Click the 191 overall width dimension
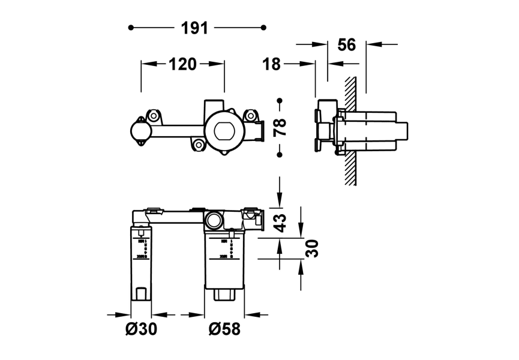click(194, 28)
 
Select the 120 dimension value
click(182, 64)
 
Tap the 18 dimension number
click(272, 64)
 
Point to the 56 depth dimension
click(347, 44)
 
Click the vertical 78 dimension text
click(280, 127)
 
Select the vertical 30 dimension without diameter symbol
click(313, 248)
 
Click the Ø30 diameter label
click(141, 329)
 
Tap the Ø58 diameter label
click(225, 329)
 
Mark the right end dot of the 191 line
click(264, 28)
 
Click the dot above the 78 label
click(280, 100)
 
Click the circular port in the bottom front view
click(214, 221)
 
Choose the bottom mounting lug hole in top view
click(199, 145)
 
